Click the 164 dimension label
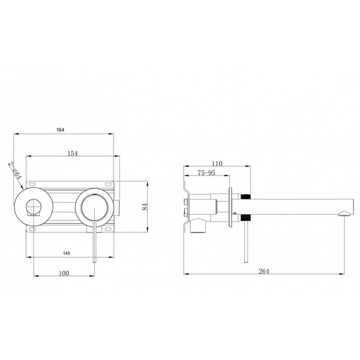point(61,129)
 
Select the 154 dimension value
point(73,153)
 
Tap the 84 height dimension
point(145,207)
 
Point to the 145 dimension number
point(66,253)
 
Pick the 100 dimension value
point(64,273)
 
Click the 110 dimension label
point(217,164)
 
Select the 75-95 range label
point(207,173)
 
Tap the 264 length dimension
point(263,271)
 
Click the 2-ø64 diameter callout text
point(15,171)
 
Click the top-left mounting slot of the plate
point(32,184)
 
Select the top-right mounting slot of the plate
point(108,184)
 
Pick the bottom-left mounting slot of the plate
point(32,229)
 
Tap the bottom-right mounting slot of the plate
point(108,229)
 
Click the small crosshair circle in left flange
point(33,207)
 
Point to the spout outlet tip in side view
point(344,213)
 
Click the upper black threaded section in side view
point(245,196)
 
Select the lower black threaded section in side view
point(245,218)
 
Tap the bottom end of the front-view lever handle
point(94,262)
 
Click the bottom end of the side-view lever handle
point(246,261)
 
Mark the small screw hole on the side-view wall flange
point(234,213)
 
